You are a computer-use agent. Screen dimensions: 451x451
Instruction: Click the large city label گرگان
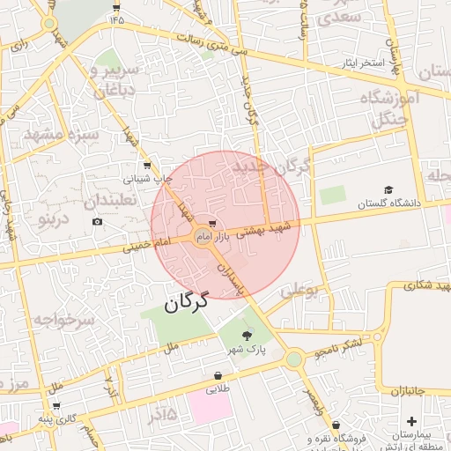click(x=185, y=302)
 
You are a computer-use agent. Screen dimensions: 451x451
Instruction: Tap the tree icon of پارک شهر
click(x=247, y=335)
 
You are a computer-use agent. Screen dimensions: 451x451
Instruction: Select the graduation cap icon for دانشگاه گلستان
click(x=388, y=189)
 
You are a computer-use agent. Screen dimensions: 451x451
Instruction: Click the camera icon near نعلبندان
click(x=97, y=221)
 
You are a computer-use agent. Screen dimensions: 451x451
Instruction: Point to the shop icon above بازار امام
click(x=212, y=224)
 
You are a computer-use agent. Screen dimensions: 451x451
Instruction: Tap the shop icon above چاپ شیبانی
click(x=146, y=165)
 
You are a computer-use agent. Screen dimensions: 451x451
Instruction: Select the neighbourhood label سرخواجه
click(x=63, y=321)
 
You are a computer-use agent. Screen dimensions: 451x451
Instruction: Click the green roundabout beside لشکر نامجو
click(x=294, y=359)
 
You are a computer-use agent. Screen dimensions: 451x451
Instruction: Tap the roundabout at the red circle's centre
click(x=203, y=238)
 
